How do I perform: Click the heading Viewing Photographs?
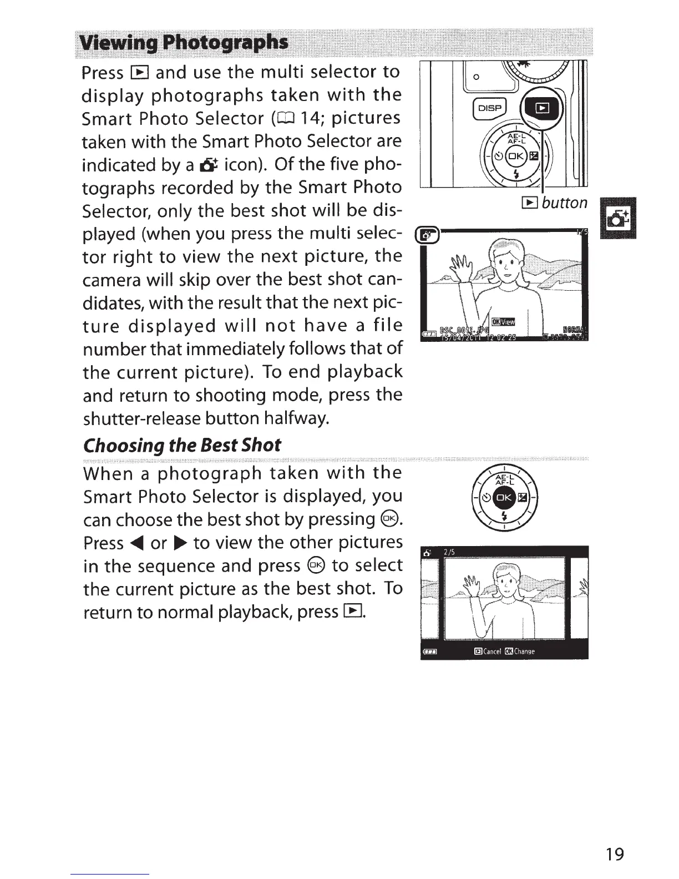coord(184,43)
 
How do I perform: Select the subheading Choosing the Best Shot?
coord(182,444)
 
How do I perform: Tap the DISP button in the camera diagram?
coord(488,110)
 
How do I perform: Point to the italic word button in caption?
coord(564,203)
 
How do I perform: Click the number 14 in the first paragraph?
coord(332,118)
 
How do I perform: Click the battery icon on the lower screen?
coord(430,652)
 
